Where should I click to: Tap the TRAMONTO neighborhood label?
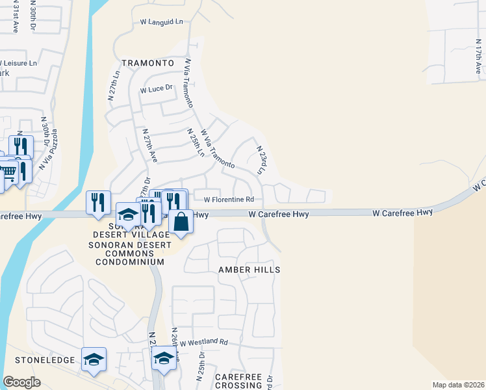click(148, 64)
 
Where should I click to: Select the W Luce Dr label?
click(156, 88)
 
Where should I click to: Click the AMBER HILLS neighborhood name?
click(249, 269)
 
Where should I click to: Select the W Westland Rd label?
click(204, 342)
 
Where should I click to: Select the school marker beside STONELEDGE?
click(94, 359)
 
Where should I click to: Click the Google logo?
click(22, 382)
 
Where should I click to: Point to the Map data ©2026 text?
click(457, 385)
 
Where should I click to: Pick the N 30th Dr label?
click(45, 129)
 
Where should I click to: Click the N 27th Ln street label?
click(114, 84)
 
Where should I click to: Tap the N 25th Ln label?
click(196, 143)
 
